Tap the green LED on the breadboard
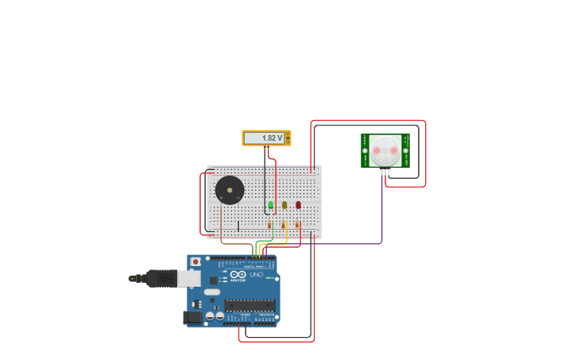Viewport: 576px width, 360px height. [270, 205]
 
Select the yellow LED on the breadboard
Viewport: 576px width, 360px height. [284, 205]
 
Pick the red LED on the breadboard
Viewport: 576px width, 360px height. [299, 205]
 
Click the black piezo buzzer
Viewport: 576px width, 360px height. [230, 191]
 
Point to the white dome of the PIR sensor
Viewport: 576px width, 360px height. [385, 150]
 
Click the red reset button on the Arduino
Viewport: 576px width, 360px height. [195, 261]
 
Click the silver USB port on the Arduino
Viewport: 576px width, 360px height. [188, 277]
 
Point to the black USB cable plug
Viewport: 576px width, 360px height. [160, 278]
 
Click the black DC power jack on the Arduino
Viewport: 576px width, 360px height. [191, 318]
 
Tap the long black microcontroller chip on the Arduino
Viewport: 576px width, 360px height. [249, 305]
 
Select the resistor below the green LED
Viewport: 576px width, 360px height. [270, 226]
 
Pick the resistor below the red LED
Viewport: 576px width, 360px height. [298, 226]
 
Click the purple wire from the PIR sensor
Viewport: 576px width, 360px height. [382, 215]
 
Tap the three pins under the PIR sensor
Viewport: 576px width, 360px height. [385, 172]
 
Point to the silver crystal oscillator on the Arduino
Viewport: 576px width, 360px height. [211, 292]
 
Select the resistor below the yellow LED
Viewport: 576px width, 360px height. [284, 226]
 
